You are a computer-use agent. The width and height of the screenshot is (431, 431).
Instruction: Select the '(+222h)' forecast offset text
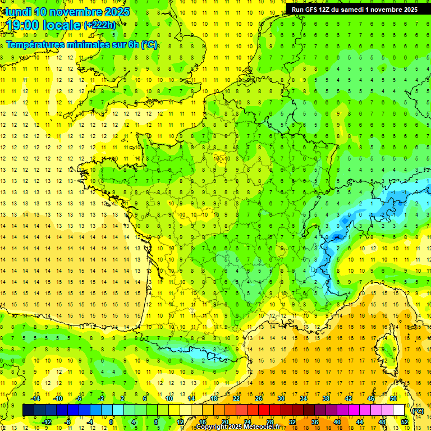coord(100,25)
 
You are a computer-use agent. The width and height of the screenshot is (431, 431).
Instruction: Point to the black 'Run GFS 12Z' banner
coord(354,9)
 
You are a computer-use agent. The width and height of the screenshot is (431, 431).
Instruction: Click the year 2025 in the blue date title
coord(116,11)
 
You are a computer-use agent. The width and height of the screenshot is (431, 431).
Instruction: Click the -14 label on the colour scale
coord(35,398)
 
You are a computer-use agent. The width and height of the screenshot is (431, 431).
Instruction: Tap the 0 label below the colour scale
coord(111,422)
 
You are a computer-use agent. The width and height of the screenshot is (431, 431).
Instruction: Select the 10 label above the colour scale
coord(169,398)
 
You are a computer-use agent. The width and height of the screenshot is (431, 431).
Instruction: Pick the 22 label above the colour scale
coord(236,398)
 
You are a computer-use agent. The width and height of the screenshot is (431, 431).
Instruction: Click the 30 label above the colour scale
coord(281,398)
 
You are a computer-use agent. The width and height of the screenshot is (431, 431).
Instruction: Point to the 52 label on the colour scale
coord(405,422)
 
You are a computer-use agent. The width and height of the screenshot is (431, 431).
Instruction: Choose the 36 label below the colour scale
coord(315,422)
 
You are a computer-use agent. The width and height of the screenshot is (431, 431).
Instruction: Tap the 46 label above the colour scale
coord(371,398)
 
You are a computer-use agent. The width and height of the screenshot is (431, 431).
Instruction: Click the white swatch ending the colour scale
coord(399,410)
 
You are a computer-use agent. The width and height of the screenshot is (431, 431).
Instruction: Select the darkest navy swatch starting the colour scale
coord(28,410)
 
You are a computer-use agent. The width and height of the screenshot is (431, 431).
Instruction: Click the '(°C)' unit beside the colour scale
coord(418,410)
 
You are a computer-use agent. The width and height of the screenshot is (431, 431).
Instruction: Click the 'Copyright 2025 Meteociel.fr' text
coord(238,427)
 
